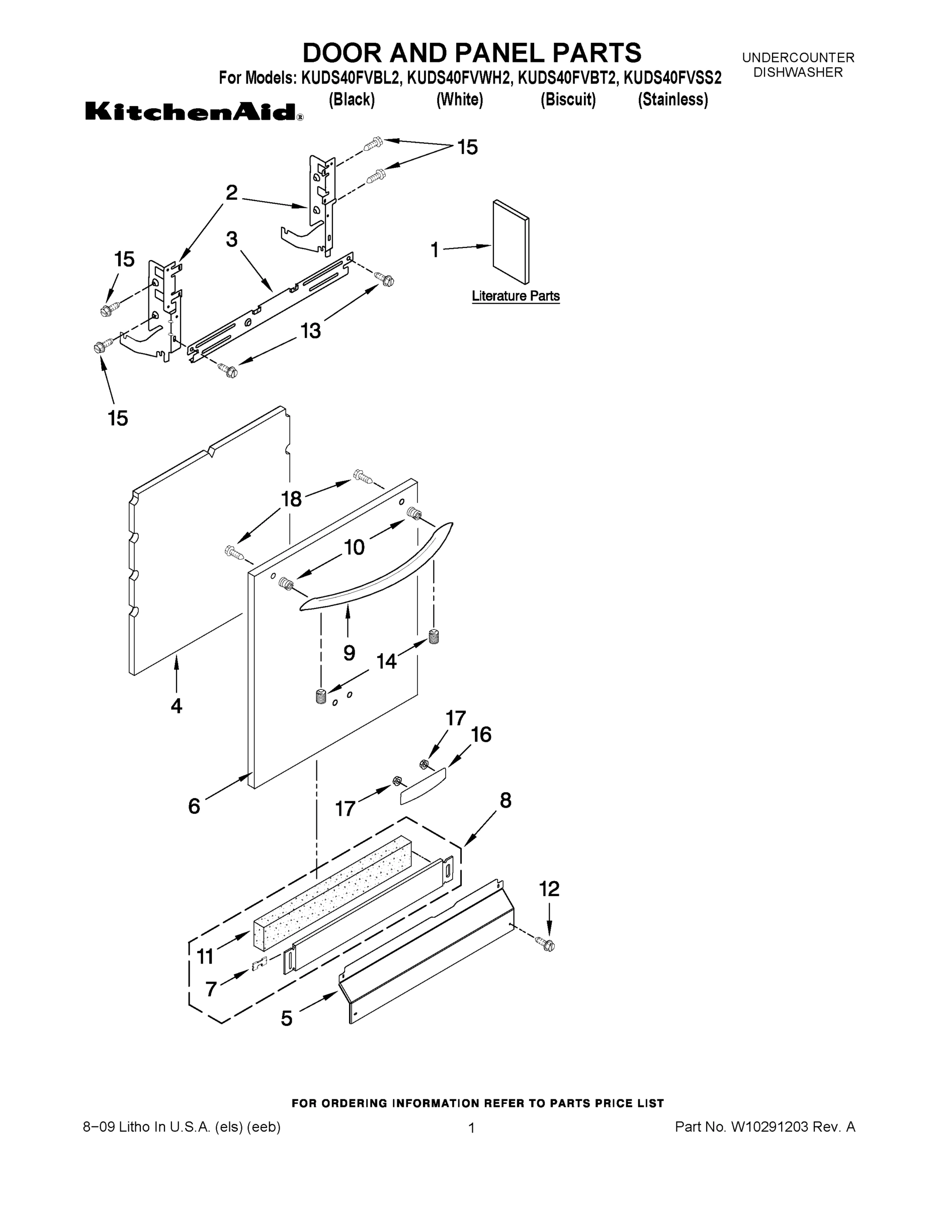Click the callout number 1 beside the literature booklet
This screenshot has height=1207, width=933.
[x=435, y=250]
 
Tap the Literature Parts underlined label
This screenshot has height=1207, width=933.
[x=515, y=296]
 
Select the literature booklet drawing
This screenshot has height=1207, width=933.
[x=511, y=241]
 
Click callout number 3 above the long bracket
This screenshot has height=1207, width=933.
[x=231, y=239]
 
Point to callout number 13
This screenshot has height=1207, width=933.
[x=311, y=330]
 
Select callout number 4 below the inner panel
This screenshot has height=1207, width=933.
[x=177, y=705]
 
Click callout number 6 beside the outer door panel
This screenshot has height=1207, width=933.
[x=194, y=806]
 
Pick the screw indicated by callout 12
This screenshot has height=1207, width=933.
[x=547, y=944]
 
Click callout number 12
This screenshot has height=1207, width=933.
[x=549, y=889]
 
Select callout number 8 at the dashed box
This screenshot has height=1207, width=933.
[x=505, y=800]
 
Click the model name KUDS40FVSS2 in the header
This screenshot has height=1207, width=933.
[x=672, y=78]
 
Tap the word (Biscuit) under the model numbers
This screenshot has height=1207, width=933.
[x=568, y=100]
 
